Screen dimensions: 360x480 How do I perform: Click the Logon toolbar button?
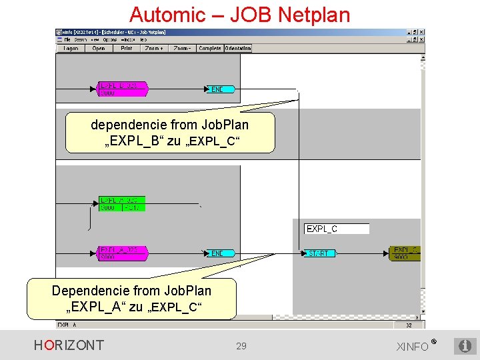pyautogui.click(x=70, y=49)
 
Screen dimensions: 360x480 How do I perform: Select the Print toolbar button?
pyautogui.click(x=126, y=49)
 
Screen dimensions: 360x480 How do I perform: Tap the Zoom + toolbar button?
pyautogui.click(x=153, y=49)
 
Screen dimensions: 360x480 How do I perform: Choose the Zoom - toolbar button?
pyautogui.click(x=182, y=49)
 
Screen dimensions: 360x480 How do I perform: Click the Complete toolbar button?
pyautogui.click(x=210, y=49)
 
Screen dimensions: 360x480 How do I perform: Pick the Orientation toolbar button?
pyautogui.click(x=238, y=49)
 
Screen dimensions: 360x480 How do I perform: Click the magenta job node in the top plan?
pyautogui.click(x=122, y=89)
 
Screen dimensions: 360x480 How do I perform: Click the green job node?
pyautogui.click(x=121, y=204)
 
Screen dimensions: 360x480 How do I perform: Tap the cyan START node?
pyautogui.click(x=321, y=253)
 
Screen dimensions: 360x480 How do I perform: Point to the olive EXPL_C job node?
pyautogui.click(x=405, y=253)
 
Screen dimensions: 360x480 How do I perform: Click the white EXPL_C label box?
pyautogui.click(x=337, y=229)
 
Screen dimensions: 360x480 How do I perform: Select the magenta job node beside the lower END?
pyautogui.click(x=122, y=253)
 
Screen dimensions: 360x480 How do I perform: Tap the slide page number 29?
pyautogui.click(x=241, y=346)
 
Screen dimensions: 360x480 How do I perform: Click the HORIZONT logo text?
pyautogui.click(x=69, y=345)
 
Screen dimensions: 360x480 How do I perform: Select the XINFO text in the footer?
pyautogui.click(x=413, y=347)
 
